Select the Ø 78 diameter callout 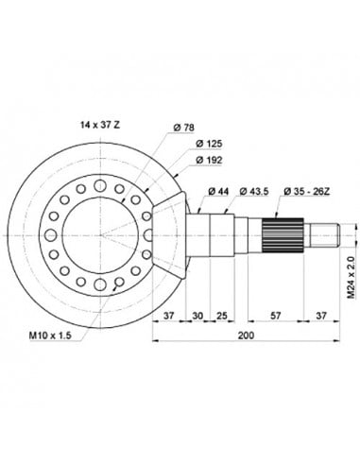[x=186, y=129]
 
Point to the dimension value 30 [x=198, y=315]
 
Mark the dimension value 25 [x=222, y=315]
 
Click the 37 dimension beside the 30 [x=169, y=315]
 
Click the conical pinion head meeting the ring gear [x=178, y=232]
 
